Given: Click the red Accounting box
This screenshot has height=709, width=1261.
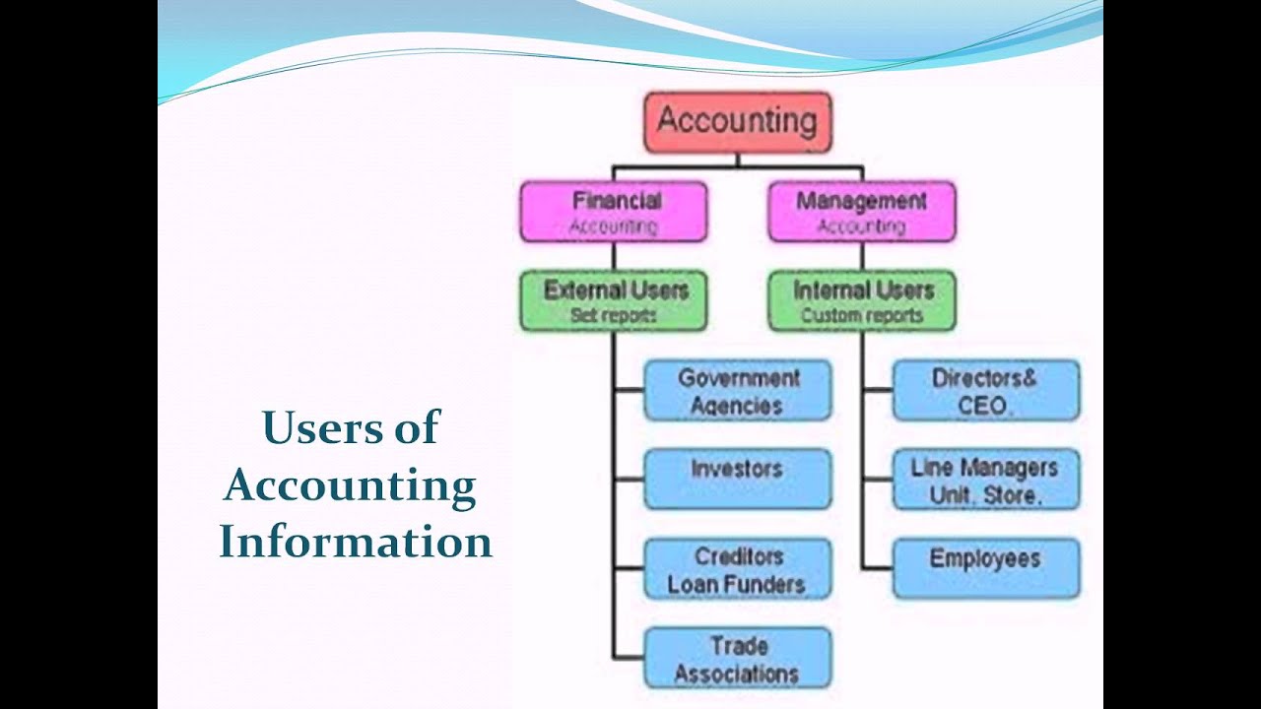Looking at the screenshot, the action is pyautogui.click(x=737, y=122).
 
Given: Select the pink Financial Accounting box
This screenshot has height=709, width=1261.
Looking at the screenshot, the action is pyautogui.click(x=614, y=212).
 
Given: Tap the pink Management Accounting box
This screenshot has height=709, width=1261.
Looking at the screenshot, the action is pyautogui.click(x=861, y=212).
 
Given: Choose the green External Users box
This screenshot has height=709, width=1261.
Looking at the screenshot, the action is pyautogui.click(x=614, y=301).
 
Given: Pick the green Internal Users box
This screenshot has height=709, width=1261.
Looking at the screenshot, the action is pyautogui.click(x=861, y=301).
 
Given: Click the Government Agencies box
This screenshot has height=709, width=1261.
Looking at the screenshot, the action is pyautogui.click(x=737, y=391).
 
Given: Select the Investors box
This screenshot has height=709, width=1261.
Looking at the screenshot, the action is pyautogui.click(x=737, y=479).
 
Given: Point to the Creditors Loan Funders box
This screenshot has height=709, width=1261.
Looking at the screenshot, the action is pyautogui.click(x=737, y=569).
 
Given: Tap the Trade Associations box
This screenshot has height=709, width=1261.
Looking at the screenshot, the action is pyautogui.click(x=737, y=659).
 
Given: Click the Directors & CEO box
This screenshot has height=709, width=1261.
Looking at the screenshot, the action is pyautogui.click(x=985, y=391).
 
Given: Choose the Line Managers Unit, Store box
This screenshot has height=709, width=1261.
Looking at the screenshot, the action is pyautogui.click(x=985, y=480).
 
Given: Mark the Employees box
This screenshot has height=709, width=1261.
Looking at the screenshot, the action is pyautogui.click(x=985, y=568).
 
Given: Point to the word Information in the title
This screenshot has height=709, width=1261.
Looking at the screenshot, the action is pyautogui.click(x=355, y=543).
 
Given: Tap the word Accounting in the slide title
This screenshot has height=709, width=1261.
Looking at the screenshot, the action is pyautogui.click(x=350, y=486).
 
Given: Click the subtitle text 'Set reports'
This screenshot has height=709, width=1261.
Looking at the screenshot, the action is pyautogui.click(x=613, y=316).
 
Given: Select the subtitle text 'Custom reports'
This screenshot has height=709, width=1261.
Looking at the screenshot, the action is pyautogui.click(x=861, y=316).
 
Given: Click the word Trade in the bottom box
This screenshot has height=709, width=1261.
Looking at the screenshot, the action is pyautogui.click(x=739, y=646).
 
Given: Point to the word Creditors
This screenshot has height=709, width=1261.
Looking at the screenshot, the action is pyautogui.click(x=738, y=556).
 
